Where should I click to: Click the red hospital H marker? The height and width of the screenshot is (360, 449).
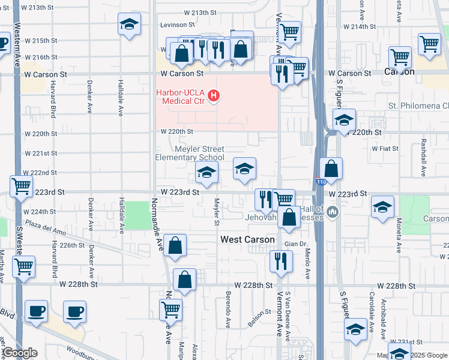click(x=214, y=95)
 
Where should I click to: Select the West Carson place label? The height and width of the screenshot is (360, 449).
click(x=247, y=239)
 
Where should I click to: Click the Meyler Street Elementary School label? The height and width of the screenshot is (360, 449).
click(x=190, y=153)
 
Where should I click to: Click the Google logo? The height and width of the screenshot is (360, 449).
click(x=19, y=353)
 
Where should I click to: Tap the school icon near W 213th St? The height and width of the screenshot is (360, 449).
click(x=130, y=25)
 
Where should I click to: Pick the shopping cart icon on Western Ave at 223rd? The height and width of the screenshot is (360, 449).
click(x=22, y=187)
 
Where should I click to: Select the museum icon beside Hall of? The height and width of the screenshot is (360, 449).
click(x=332, y=212)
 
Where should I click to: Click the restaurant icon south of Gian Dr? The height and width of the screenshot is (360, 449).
click(x=281, y=261)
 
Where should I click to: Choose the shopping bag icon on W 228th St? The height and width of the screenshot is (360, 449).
click(x=185, y=280)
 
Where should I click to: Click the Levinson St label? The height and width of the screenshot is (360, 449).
click(x=177, y=25)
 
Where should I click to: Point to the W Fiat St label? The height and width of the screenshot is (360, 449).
click(x=385, y=148)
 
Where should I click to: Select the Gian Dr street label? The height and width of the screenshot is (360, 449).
click(x=295, y=244)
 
